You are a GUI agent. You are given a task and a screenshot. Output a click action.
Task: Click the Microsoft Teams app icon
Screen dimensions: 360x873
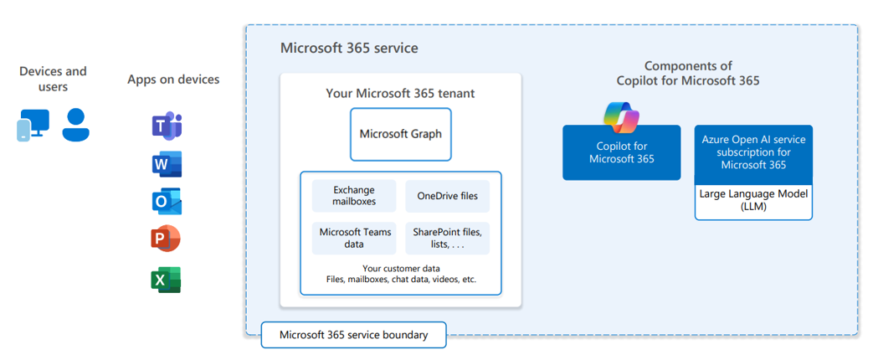pos(167,126)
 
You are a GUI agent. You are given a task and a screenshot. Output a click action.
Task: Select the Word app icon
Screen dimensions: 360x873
pos(167,164)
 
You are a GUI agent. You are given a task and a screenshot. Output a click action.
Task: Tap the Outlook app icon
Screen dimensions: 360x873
pos(167,202)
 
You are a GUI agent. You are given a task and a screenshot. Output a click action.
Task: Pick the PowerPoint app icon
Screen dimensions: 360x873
pos(166,239)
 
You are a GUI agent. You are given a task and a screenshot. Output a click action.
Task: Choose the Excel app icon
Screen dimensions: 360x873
pos(166,280)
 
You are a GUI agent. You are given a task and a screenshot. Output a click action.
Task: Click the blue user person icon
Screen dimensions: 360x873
pos(76,125)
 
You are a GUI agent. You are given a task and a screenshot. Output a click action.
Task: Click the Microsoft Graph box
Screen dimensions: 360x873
pos(400,134)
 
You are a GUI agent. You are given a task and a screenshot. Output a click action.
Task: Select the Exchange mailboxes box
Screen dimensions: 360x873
pos(354,196)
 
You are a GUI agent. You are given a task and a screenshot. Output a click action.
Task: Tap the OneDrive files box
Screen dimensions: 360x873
pos(447,196)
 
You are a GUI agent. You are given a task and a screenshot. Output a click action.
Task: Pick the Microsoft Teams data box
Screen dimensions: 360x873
pos(354,238)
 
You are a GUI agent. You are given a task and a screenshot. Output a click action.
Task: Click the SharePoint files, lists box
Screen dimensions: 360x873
pos(447,238)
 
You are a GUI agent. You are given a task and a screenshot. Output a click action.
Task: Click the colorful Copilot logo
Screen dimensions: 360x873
pos(621,117)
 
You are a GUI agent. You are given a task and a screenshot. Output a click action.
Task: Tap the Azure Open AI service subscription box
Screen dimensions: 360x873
pos(753,154)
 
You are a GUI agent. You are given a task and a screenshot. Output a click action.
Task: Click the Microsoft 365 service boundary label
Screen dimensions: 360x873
pos(353,335)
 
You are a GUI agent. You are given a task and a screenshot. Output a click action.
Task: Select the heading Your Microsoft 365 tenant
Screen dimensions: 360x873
pos(400,93)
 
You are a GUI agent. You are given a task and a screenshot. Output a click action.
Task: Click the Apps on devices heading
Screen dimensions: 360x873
pos(173,80)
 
